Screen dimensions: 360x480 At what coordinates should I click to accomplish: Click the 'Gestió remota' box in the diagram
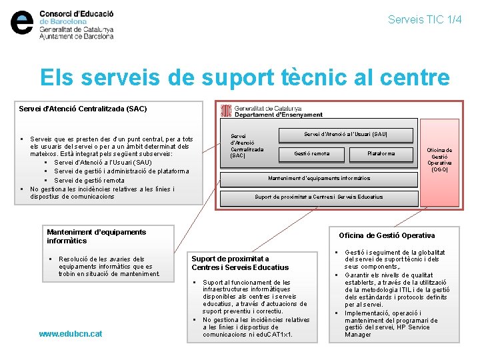(312, 154)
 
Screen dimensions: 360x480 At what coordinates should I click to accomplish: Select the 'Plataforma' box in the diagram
(381, 154)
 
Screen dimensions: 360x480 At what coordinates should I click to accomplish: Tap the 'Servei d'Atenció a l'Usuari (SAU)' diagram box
(345, 135)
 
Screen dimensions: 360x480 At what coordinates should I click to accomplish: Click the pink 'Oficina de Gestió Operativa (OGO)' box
(439, 160)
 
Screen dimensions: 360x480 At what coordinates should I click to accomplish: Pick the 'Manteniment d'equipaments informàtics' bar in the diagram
(319, 178)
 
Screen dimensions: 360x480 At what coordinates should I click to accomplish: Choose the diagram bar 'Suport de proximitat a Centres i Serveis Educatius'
(319, 197)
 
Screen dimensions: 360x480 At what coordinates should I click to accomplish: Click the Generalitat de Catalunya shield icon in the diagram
(226, 111)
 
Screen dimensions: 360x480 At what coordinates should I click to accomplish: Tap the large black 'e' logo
(23, 23)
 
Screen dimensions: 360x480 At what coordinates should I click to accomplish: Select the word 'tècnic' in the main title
(316, 78)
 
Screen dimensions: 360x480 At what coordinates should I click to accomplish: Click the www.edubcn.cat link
(71, 333)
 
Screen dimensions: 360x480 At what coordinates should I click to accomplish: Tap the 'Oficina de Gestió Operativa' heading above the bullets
(387, 235)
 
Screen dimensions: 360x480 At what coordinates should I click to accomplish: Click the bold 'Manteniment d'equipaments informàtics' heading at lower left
(96, 236)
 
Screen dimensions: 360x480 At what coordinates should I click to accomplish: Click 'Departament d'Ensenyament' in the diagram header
(279, 115)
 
